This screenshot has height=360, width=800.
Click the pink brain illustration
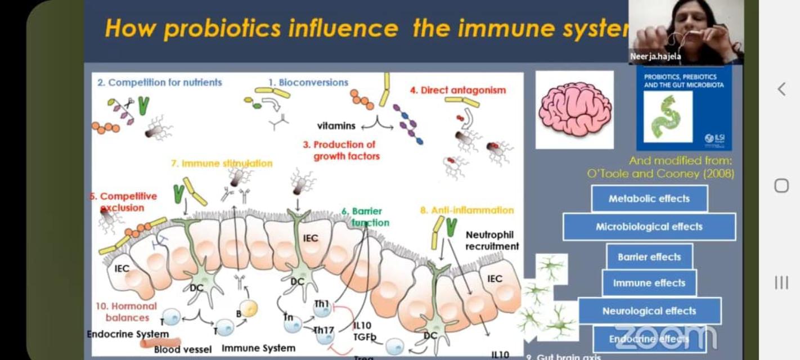[x=574, y=109]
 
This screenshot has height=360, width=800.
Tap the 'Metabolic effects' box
[x=649, y=199]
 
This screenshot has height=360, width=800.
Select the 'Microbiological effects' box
[x=649, y=227]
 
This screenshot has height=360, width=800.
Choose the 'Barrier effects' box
[x=649, y=257]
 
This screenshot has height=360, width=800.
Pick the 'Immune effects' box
[x=649, y=283]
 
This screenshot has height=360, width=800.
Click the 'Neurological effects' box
[x=649, y=311]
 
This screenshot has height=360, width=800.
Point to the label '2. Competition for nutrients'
[x=160, y=82]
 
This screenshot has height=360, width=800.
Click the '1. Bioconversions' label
[x=308, y=82]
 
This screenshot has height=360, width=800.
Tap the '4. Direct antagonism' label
[x=458, y=90]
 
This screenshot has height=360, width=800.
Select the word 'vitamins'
[x=336, y=125]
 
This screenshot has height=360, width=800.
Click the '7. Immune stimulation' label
[x=222, y=163]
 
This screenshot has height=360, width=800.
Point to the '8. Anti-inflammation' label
[x=467, y=210]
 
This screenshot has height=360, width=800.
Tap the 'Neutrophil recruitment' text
[x=492, y=240]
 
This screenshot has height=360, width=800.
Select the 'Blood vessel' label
[x=183, y=349]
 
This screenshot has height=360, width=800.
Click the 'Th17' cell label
[x=323, y=330]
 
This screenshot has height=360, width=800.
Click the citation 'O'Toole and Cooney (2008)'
[x=660, y=174]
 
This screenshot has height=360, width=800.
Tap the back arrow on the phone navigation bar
[x=781, y=88]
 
